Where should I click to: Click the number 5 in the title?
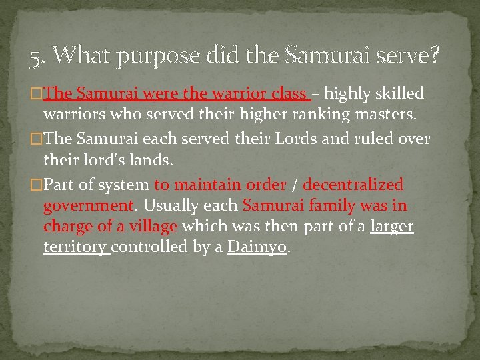(35, 59)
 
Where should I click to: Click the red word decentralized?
(353, 184)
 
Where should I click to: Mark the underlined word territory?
(75, 247)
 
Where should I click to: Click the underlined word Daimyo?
(257, 247)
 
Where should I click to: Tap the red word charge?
(68, 227)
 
